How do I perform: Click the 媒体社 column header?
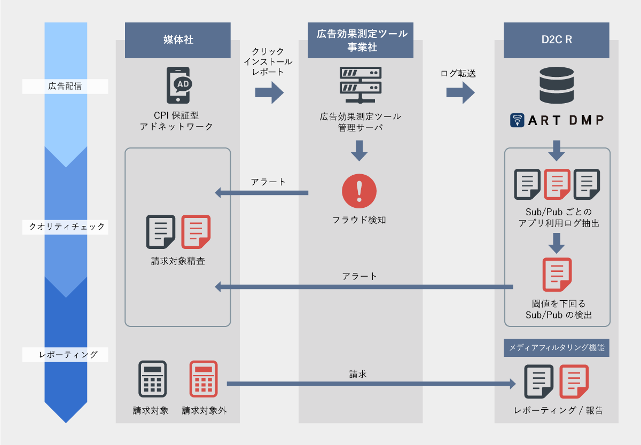[178, 40]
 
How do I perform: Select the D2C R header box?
[556, 40]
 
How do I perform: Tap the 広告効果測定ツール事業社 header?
[361, 40]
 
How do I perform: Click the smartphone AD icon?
[178, 85]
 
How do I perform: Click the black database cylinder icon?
[556, 85]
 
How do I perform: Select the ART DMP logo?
[556, 120]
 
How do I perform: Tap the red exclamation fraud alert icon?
[359, 191]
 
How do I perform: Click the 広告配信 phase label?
[65, 86]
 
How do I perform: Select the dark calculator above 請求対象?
[153, 379]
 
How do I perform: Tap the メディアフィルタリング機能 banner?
[556, 348]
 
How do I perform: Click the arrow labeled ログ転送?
[460, 93]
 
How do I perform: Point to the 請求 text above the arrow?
[358, 374]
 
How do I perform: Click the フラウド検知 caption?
[359, 220]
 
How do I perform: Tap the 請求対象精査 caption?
[178, 262]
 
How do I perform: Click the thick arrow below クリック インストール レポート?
[269, 93]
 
